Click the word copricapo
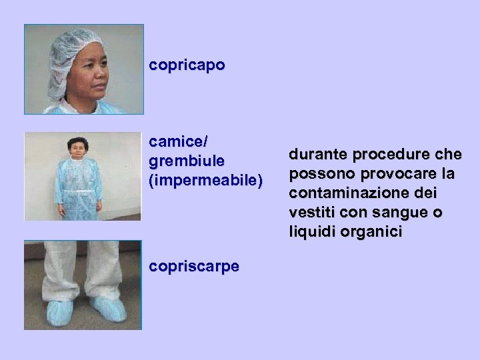[187, 65]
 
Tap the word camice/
[179, 141]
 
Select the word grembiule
[187, 161]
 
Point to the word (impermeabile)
[206, 181]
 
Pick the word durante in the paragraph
[317, 155]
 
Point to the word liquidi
[311, 232]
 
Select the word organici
[370, 232]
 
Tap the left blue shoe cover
[59, 311]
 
